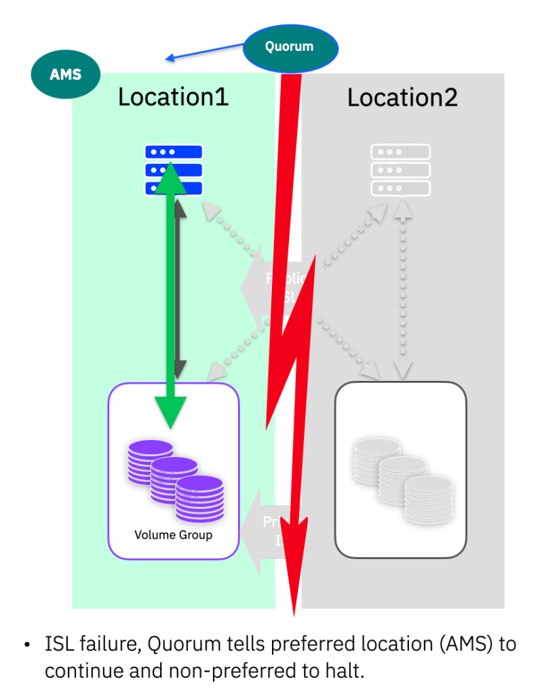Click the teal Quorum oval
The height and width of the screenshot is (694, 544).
tap(290, 47)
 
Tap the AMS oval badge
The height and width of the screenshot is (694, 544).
tap(66, 74)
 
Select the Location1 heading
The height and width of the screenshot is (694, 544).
tap(173, 97)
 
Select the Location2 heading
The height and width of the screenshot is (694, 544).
tap(402, 97)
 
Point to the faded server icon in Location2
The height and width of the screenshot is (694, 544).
tap(400, 169)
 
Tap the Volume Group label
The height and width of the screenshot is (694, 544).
tap(173, 535)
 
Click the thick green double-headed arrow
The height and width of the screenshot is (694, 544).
tap(167, 298)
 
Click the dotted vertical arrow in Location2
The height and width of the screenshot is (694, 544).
tap(403, 291)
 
